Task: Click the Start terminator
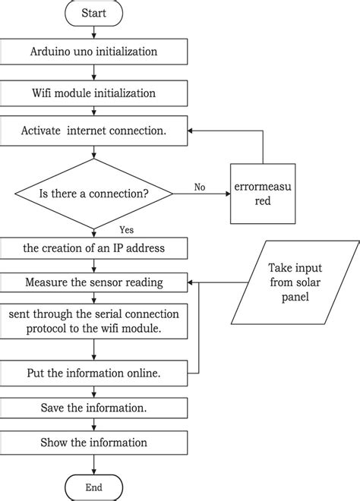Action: pyautogui.click(x=93, y=14)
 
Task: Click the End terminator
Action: pyautogui.click(x=93, y=487)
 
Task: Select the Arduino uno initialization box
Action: pyautogui.click(x=93, y=53)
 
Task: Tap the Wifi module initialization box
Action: pyautogui.click(x=93, y=93)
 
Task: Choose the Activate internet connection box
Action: pyautogui.click(x=93, y=131)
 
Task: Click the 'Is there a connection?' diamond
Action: pyautogui.click(x=93, y=193)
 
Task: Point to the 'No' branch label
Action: pyautogui.click(x=200, y=187)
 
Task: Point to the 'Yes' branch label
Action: pyautogui.click(x=128, y=230)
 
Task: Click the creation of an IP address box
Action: pyautogui.click(x=93, y=248)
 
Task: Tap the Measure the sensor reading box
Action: pyautogui.click(x=93, y=283)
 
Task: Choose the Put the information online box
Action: pyautogui.click(x=93, y=373)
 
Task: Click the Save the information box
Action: pyautogui.click(x=93, y=408)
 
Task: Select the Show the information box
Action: pyautogui.click(x=93, y=443)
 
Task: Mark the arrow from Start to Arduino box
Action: pyautogui.click(x=93, y=33)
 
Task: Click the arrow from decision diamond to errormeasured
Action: pyautogui.click(x=201, y=194)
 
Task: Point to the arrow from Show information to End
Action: pyautogui.click(x=93, y=465)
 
